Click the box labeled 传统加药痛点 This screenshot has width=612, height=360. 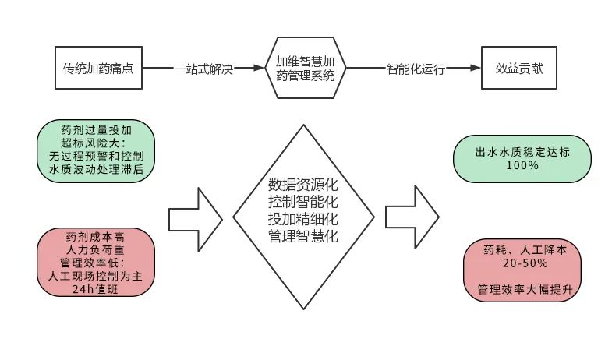pos(99,68)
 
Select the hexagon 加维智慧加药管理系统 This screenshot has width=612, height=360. pos(306,68)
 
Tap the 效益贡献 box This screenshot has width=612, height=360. pos(519,68)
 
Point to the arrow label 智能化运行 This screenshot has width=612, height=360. pos(416,69)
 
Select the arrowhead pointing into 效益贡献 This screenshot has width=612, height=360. pos(475,69)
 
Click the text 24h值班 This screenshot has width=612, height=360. pos(96,289)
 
